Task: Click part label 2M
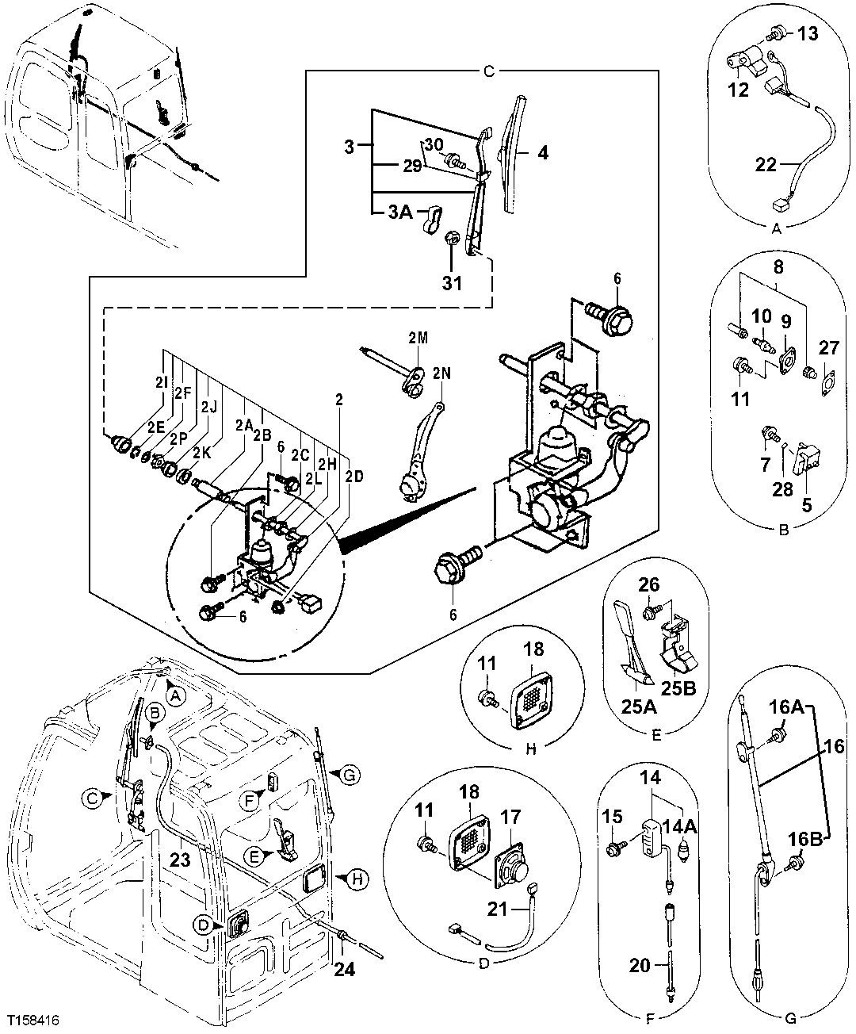pyautogui.click(x=418, y=339)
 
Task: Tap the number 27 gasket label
pyautogui.click(x=827, y=348)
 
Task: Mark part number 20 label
pyautogui.click(x=640, y=966)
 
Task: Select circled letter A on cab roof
pyautogui.click(x=176, y=695)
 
